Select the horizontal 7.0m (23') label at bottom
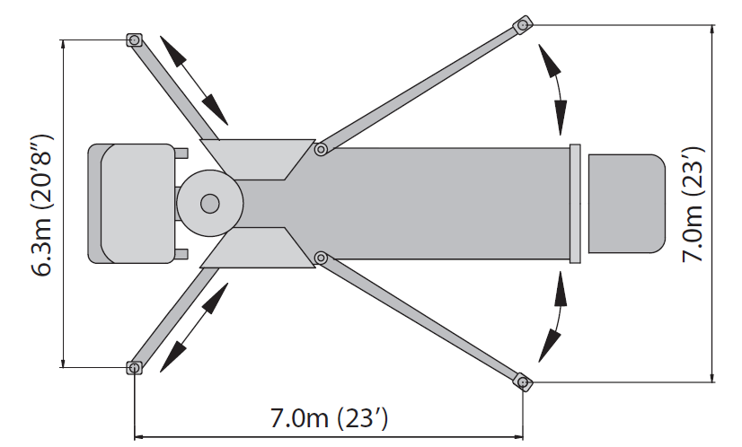point(329,418)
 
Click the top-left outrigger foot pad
point(135,40)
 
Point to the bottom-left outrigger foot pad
point(135,367)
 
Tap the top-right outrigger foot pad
point(522,26)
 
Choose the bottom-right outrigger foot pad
point(522,381)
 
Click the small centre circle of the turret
point(210,204)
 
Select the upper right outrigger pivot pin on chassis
point(320,150)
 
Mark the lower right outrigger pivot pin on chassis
point(320,259)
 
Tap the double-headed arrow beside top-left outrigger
point(192,78)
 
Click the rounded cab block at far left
point(132,204)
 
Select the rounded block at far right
point(626,204)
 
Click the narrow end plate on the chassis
point(576,204)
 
